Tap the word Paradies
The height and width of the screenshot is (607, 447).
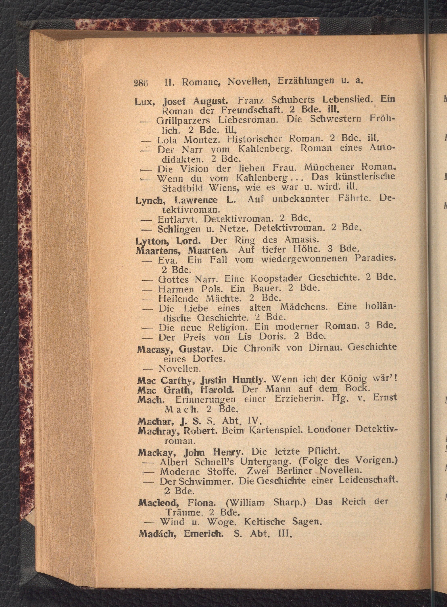[376, 258]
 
